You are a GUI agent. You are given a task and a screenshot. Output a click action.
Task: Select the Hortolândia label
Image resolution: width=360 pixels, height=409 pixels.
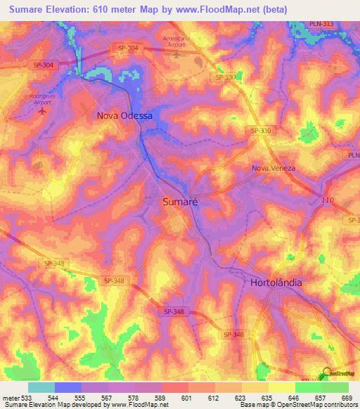coord(276,283)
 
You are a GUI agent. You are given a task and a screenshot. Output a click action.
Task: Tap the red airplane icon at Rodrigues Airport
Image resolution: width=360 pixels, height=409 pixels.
coord(43,110)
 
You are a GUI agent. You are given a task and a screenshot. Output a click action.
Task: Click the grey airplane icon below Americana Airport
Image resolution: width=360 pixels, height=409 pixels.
coord(176,53)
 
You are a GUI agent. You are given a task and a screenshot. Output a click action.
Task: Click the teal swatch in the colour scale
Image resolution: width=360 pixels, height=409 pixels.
coord(41,387)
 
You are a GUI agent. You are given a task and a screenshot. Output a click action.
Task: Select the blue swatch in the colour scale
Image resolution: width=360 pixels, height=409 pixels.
coord(68,387)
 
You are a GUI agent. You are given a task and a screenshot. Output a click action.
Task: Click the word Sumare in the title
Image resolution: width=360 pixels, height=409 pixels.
coord(27,8)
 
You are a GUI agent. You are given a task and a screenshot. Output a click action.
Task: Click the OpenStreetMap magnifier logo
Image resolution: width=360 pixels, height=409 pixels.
coord(328,373)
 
